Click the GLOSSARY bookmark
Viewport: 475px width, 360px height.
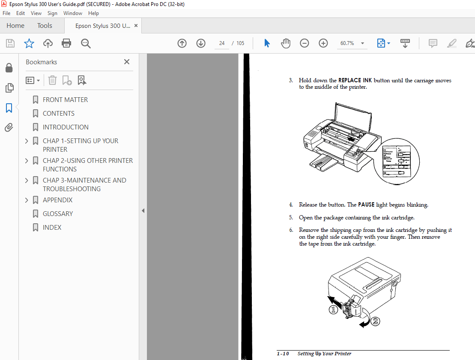(x=57, y=213)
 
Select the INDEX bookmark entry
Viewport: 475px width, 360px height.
(x=52, y=227)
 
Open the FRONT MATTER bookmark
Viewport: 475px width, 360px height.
(x=65, y=99)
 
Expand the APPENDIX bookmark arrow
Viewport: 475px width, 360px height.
(x=27, y=200)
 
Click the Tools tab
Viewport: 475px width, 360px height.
(x=45, y=26)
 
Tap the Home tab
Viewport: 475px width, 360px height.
(x=15, y=26)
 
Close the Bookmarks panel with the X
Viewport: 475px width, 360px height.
(x=127, y=62)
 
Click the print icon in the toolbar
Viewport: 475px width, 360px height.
(x=66, y=43)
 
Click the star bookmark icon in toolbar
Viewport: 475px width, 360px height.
(x=29, y=43)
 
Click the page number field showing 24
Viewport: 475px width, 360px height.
(x=222, y=43)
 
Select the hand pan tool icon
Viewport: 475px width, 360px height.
(x=285, y=43)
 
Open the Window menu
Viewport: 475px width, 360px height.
(x=73, y=13)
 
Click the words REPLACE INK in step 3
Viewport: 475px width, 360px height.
(x=355, y=81)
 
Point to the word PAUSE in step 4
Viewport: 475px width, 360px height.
(x=366, y=205)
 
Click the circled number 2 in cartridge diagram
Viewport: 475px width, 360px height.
(x=375, y=321)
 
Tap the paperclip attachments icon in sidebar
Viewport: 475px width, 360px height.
(x=9, y=127)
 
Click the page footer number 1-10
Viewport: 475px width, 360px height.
(x=283, y=354)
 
